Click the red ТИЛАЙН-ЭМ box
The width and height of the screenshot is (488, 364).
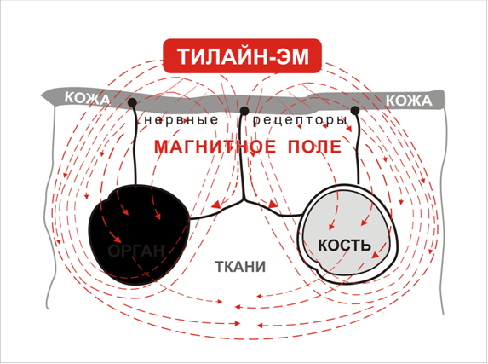coord(242,56)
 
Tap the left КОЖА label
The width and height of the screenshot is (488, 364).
coord(87,98)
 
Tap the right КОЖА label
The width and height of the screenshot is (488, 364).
coord(409,101)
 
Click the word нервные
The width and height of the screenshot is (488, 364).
coord(181,120)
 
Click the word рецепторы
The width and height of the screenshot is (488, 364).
coord(300,120)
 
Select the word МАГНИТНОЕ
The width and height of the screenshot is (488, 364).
coord(215,147)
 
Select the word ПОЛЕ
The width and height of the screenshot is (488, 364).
coord(314,147)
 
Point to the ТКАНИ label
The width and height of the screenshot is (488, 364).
coord(240,267)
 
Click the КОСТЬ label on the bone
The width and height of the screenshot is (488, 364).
coord(344,246)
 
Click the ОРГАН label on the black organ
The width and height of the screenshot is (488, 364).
coord(136,251)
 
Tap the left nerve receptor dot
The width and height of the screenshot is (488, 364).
coord(132,102)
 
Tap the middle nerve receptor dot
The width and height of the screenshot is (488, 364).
coord(244,111)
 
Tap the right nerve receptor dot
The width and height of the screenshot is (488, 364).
coord(355,110)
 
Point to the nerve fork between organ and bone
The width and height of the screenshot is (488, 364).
coord(244,200)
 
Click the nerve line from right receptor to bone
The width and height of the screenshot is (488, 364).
coord(358,149)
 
